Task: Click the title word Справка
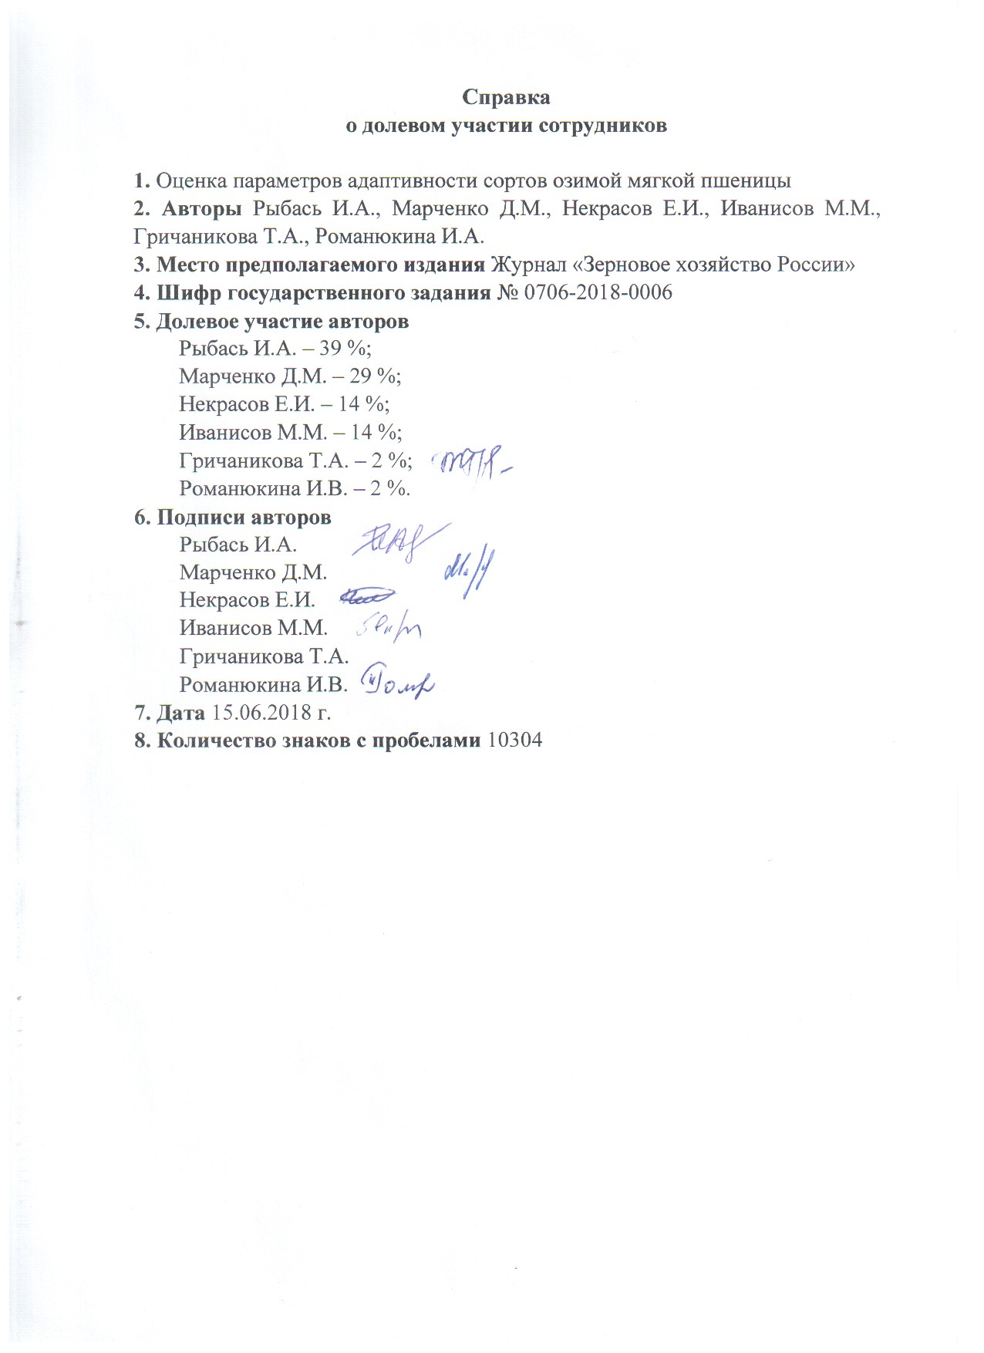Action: (x=506, y=97)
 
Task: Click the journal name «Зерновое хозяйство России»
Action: (x=673, y=265)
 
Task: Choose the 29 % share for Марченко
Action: (x=376, y=376)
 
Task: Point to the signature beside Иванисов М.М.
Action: (x=389, y=629)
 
